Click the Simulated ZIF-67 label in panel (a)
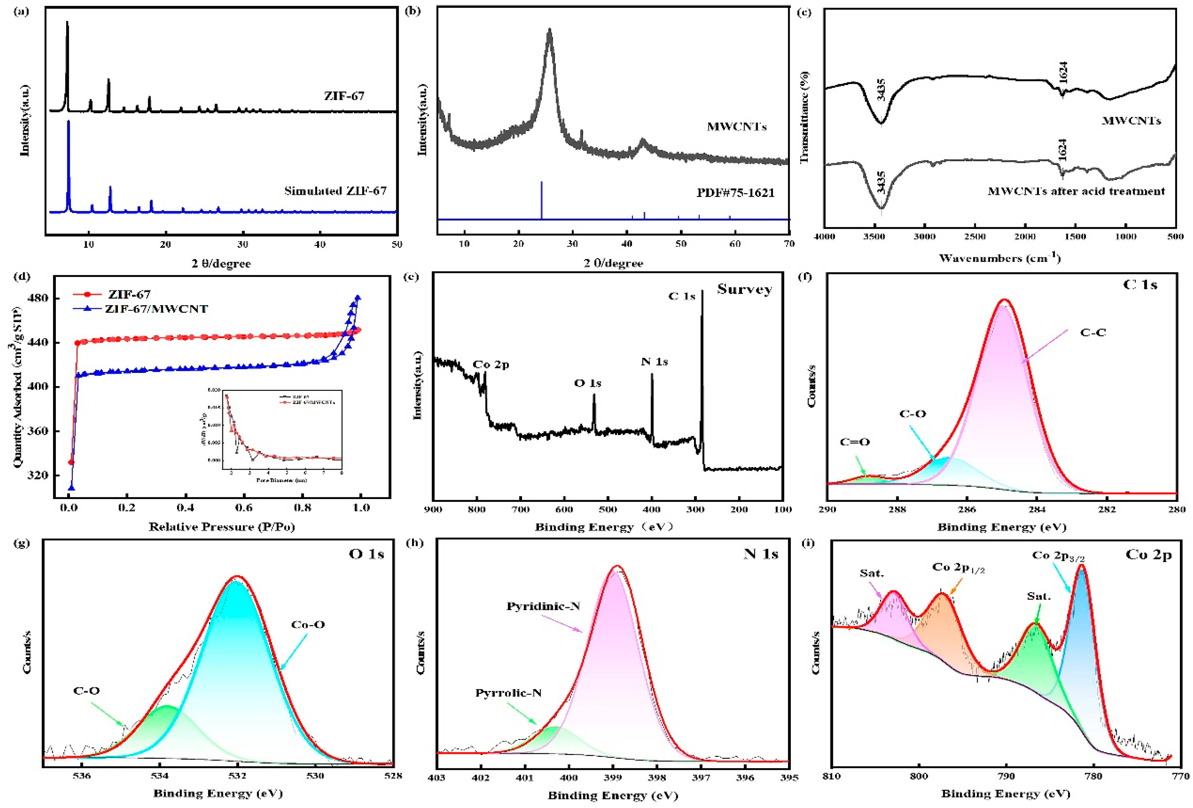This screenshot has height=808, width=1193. click(x=335, y=191)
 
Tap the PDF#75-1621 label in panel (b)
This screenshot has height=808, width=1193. click(x=735, y=193)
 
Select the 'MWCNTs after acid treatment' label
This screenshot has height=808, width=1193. click(x=1076, y=191)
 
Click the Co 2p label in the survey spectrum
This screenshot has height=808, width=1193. click(x=491, y=365)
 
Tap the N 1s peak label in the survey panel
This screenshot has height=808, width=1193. click(x=654, y=362)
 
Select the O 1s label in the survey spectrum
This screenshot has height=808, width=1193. click(x=587, y=383)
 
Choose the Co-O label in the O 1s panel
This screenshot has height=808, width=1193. click(x=308, y=624)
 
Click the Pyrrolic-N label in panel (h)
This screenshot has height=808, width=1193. click(x=508, y=693)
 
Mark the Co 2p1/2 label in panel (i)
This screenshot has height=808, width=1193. click(x=958, y=567)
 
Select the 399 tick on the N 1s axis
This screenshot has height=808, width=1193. click(x=612, y=778)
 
